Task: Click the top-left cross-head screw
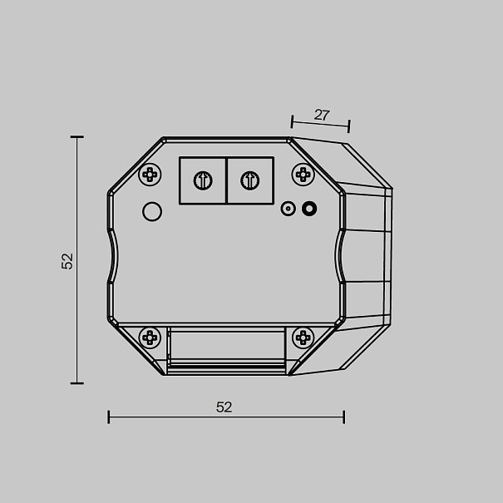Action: click(150, 175)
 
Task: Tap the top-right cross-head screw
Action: click(303, 175)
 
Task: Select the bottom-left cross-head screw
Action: click(150, 338)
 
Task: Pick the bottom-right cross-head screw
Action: click(303, 338)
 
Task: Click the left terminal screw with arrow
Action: click(203, 180)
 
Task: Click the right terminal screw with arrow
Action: click(250, 180)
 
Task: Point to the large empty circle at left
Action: click(152, 211)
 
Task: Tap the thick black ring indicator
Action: click(309, 209)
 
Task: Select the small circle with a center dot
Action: click(288, 209)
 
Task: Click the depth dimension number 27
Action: click(322, 115)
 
